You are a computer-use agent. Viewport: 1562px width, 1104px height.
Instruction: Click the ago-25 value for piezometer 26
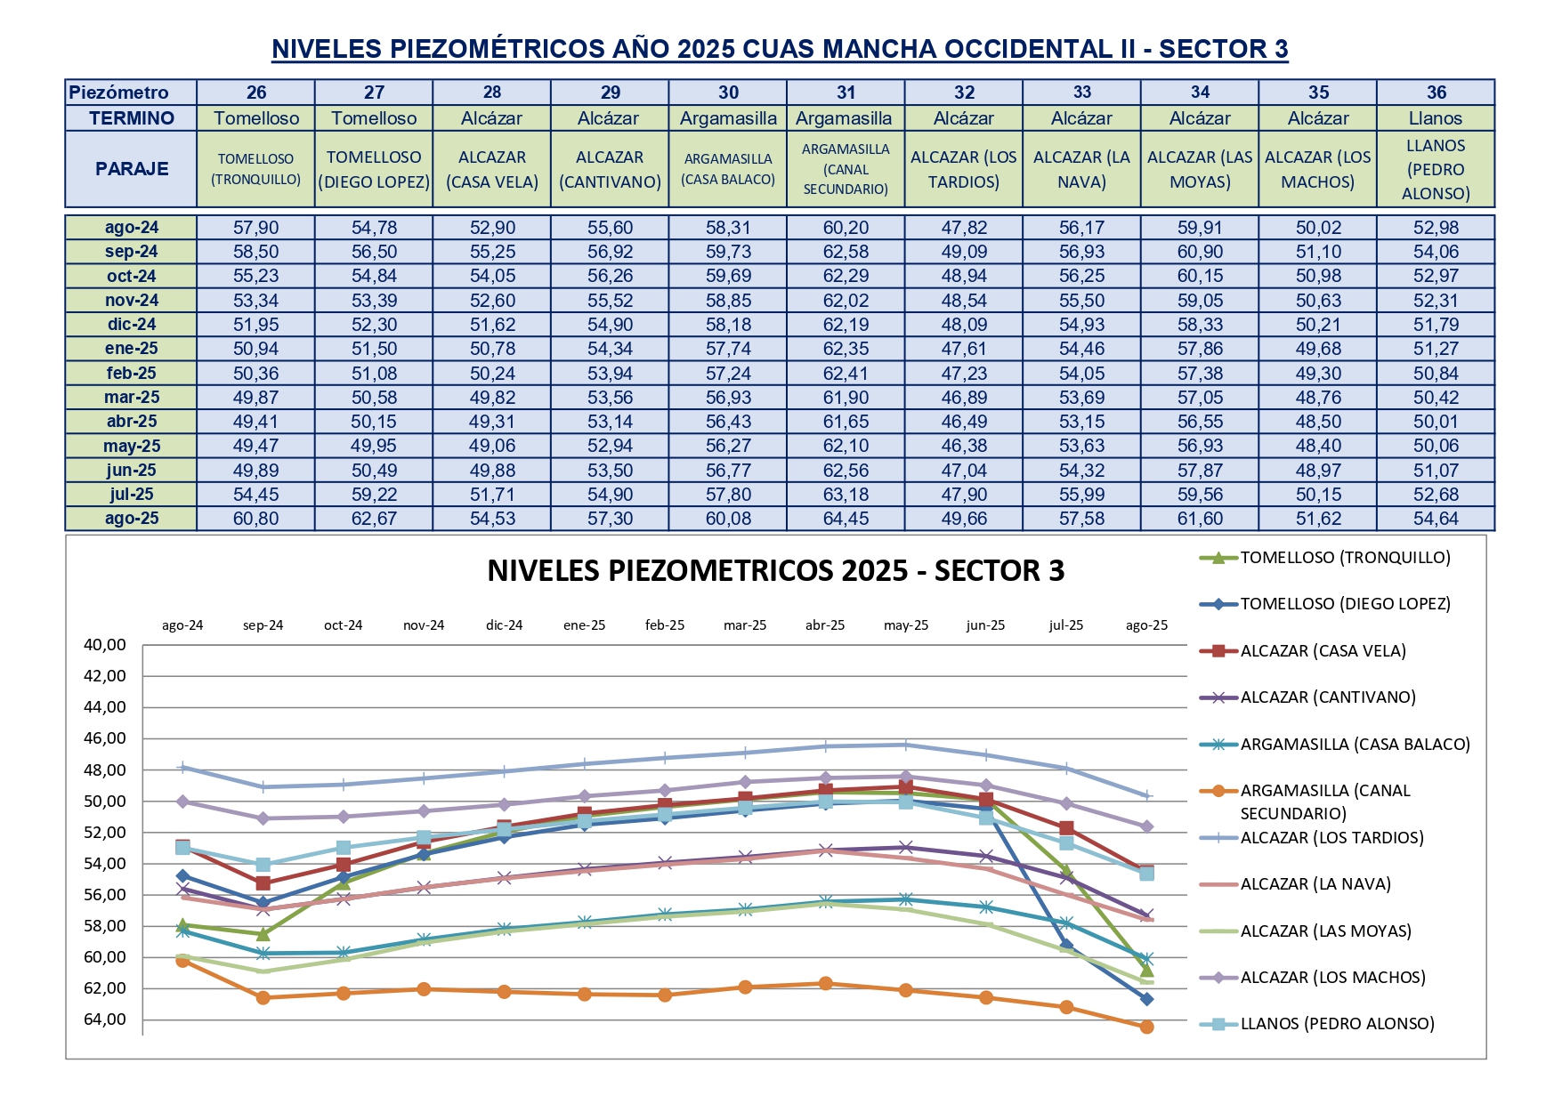point(255,519)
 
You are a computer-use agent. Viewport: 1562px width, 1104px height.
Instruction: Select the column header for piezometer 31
point(846,93)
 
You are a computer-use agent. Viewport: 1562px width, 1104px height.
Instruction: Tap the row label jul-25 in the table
point(132,495)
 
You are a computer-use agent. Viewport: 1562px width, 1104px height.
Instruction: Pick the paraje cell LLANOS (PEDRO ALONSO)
point(1435,169)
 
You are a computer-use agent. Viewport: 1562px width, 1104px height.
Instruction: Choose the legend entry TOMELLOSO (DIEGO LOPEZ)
point(1345,604)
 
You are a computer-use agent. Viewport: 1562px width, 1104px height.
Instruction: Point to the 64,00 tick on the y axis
point(105,1019)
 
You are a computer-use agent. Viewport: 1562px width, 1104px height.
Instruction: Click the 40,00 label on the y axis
point(105,645)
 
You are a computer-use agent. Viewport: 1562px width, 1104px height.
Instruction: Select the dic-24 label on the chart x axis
point(504,625)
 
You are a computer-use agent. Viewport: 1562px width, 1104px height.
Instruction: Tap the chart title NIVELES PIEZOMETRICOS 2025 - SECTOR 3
point(775,571)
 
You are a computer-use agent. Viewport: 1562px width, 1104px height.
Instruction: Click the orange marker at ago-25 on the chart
point(1146,1027)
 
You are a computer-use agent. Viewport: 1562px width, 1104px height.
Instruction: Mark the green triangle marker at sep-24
point(263,934)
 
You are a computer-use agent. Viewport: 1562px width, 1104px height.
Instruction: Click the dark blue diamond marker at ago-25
point(1146,999)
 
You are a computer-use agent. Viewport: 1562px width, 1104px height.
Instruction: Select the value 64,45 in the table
point(846,519)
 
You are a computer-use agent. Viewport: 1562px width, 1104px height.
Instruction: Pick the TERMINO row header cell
point(132,118)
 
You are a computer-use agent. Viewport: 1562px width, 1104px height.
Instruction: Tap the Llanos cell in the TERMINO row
point(1435,118)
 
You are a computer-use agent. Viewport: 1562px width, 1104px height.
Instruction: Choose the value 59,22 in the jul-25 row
point(374,495)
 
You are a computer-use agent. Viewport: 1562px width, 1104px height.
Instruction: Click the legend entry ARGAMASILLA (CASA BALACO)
point(1355,745)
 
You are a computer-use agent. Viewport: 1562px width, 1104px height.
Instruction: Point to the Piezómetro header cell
point(119,93)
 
